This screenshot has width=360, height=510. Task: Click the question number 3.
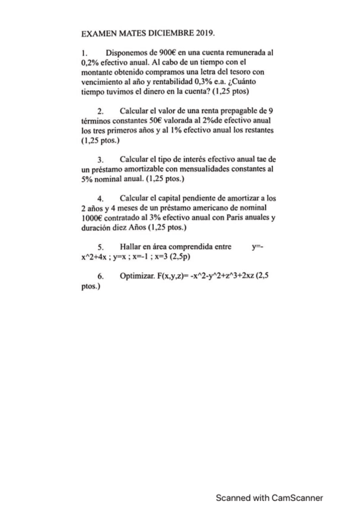[100, 160]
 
